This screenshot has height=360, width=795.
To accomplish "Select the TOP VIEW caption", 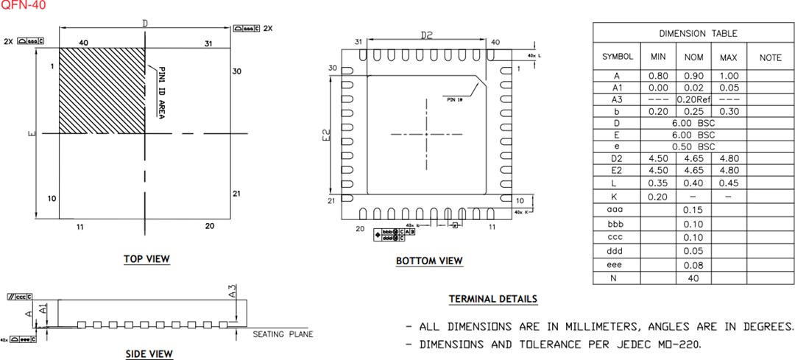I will click(146, 258).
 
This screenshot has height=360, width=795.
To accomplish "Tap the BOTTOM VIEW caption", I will click(429, 261).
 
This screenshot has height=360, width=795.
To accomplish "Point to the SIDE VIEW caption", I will click(149, 354).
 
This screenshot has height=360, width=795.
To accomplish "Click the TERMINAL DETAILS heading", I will click(493, 299).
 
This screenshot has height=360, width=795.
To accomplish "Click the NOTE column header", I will click(770, 57).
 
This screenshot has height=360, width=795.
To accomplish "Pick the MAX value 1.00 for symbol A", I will click(728, 76).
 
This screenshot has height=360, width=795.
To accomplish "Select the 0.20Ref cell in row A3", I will click(693, 99).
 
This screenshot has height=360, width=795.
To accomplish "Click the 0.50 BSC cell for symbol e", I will click(693, 147).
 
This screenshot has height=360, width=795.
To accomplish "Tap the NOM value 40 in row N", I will click(693, 278).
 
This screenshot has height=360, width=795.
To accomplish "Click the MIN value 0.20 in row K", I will click(657, 197).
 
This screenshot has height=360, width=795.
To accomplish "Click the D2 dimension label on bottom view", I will click(427, 35).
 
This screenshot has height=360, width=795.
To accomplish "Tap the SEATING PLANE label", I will click(283, 334).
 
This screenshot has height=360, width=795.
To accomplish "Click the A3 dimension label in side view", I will click(233, 292).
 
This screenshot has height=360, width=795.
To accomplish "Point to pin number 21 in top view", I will click(236, 194).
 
